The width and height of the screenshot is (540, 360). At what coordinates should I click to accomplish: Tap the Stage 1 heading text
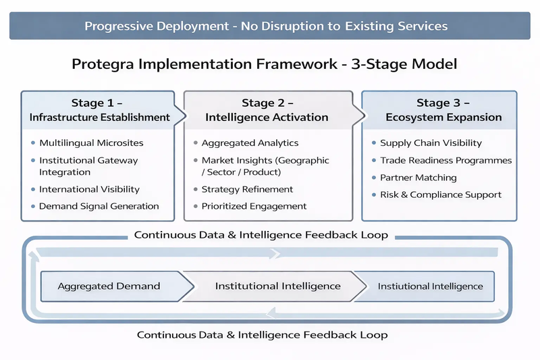pos(97,103)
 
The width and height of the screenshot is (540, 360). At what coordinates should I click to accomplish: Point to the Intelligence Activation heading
pos(267,117)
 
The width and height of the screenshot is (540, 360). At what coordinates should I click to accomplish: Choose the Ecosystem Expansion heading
pos(443,117)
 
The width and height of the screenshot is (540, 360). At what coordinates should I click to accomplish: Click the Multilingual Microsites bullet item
pos(91,143)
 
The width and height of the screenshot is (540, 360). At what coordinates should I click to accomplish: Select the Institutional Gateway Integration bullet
pos(88,166)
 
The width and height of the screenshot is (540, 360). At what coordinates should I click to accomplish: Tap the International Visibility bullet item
pos(89,189)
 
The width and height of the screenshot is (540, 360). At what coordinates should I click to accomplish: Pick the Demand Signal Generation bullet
pos(99,206)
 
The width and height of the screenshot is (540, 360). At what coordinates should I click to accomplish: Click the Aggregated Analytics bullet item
pos(250,143)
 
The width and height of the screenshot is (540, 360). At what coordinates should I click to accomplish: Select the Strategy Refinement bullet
pos(247,189)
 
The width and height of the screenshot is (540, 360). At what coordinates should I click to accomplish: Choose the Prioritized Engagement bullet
pos(254,206)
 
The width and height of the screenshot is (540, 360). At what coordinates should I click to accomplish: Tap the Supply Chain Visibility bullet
pos(431,143)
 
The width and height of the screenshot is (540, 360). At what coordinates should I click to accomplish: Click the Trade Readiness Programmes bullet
pos(446,161)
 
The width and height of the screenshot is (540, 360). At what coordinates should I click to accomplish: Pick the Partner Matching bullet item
pos(418,178)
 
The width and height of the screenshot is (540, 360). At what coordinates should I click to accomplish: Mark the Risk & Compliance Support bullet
pos(441,195)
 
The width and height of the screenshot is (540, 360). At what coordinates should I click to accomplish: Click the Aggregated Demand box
pos(109,286)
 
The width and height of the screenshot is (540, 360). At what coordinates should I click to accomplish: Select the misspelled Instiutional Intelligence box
pos(430,286)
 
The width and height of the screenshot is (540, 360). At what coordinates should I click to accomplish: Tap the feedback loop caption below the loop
pos(263,335)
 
